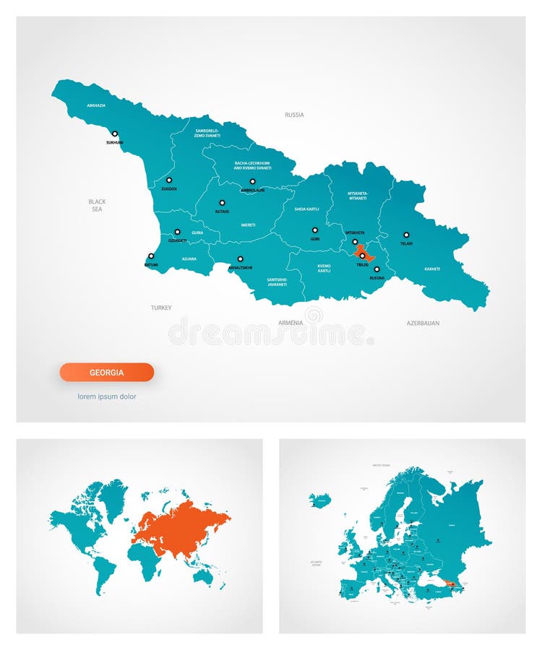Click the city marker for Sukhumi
click(114, 134)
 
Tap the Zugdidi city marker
click(169, 180)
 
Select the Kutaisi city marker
click(222, 203)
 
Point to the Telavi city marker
click(406, 235)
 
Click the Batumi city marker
click(151, 256)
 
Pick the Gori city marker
click(315, 230)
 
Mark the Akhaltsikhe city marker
click(241, 259)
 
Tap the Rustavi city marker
click(377, 269)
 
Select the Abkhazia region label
click(96, 105)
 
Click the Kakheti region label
click(432, 269)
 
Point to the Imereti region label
click(248, 225)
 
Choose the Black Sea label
click(97, 205)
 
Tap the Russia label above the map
click(294, 115)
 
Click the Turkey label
click(161, 308)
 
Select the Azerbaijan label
click(423, 323)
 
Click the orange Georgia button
click(106, 373)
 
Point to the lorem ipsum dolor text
click(107, 396)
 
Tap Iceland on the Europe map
click(320, 500)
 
